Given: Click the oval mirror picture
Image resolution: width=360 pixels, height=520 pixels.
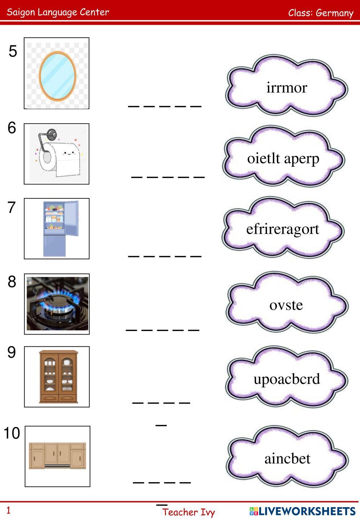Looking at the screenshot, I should pyautogui.click(x=57, y=75).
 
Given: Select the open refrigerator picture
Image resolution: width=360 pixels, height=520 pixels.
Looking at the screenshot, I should pyautogui.click(x=60, y=228).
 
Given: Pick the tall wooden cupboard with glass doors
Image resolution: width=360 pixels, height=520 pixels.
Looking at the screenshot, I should pyautogui.click(x=58, y=376).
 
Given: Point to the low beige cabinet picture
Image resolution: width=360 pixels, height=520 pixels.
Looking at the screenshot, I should pyautogui.click(x=57, y=456).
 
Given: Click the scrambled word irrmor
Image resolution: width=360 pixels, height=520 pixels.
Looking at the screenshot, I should pyautogui.click(x=287, y=88).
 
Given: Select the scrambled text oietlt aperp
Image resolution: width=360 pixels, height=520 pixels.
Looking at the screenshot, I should pyautogui.click(x=283, y=158).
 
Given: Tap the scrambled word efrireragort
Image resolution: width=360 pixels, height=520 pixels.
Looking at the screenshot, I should pyautogui.click(x=283, y=229).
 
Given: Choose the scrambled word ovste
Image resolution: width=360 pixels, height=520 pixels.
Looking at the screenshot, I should pyautogui.click(x=286, y=305).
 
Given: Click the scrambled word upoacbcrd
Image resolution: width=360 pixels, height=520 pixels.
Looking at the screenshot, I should pyautogui.click(x=287, y=379).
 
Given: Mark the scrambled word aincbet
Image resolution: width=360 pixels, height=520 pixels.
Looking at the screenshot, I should pyautogui.click(x=287, y=458).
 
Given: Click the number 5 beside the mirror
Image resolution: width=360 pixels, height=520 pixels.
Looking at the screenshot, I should pyautogui.click(x=13, y=51).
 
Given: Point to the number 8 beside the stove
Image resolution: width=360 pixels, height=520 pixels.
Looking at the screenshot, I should pyautogui.click(x=12, y=282).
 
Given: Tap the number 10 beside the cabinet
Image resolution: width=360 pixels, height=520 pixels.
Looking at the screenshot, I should pyautogui.click(x=12, y=433).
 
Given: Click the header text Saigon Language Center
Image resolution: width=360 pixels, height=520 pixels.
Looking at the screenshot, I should pyautogui.click(x=58, y=12).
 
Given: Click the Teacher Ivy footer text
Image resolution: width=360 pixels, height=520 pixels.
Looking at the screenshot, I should pyautogui.click(x=188, y=512).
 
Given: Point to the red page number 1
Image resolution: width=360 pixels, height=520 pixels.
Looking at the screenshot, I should pyautogui.click(x=9, y=510).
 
